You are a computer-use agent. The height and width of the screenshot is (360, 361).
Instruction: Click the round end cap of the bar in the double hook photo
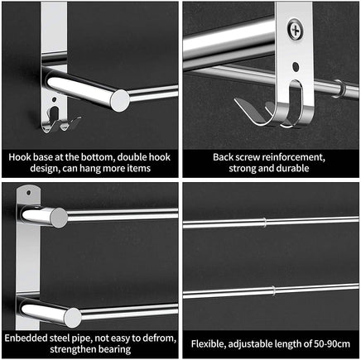coord(120,99)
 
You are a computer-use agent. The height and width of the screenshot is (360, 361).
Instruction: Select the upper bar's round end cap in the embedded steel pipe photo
coord(57,218)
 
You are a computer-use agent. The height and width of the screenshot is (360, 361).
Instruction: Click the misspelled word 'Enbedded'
coord(26,338)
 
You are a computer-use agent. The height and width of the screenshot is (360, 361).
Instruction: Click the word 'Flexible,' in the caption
coord(209,343)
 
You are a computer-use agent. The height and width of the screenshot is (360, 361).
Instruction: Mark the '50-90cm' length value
coord(328,343)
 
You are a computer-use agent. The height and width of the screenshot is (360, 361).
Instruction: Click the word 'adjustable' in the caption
coord(256,343)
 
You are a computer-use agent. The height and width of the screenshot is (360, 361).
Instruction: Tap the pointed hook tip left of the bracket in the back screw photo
coord(237,100)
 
